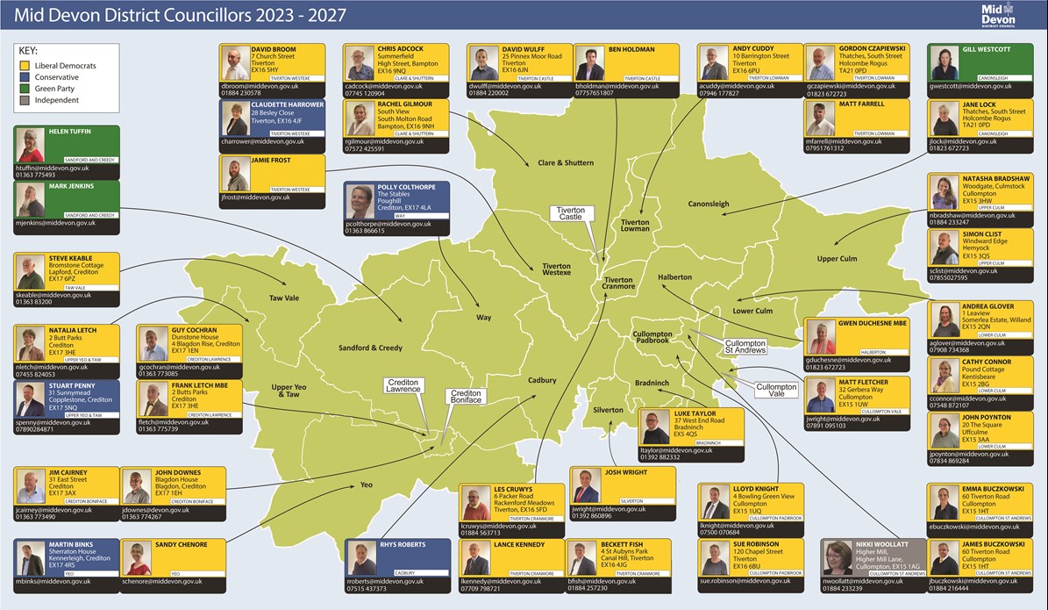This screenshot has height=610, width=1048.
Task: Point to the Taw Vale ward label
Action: pos(283,298)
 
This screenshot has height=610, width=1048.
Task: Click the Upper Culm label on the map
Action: pos(837,259)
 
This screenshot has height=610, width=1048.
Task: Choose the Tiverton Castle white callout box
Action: pos(570,213)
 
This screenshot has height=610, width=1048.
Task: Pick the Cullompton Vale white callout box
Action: pos(776,391)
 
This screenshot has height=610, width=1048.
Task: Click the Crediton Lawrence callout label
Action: pos(404,385)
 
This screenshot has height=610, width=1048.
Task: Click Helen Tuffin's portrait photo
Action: pos(31,145)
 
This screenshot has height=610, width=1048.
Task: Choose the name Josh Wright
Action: pos(625,471)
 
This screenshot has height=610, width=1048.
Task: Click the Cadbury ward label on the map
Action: pos(542,380)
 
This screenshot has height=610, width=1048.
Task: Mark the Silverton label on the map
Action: pos(607,410)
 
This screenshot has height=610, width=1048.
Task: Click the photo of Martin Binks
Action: pos(31,558)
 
